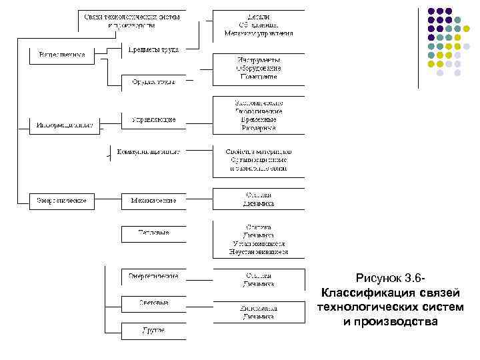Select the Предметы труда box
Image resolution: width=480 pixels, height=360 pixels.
coord(153,49)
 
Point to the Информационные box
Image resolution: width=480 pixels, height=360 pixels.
coord(64,124)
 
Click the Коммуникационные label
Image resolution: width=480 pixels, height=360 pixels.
coord(148,151)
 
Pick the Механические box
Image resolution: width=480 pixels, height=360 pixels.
coord(153,200)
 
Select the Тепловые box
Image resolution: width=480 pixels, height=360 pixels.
coord(153,233)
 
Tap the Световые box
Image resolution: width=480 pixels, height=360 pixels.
coord(153,303)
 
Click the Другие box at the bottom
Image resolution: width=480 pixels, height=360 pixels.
coord(153,330)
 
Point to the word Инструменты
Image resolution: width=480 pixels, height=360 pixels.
coord(257,60)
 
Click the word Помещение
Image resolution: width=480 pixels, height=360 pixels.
coord(257,76)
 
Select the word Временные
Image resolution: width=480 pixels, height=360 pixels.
coord(257,119)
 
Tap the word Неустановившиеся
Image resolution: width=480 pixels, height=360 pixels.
coord(257,253)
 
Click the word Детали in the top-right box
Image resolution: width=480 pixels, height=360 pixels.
coord(257,16)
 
